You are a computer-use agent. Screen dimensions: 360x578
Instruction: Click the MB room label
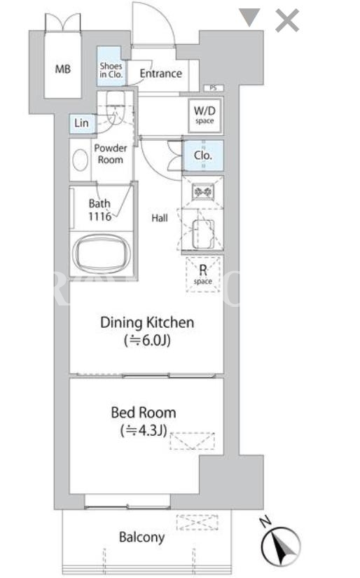(x=62, y=69)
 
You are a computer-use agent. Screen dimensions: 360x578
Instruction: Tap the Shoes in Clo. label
(x=111, y=70)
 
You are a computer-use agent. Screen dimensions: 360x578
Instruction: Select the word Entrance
(x=160, y=74)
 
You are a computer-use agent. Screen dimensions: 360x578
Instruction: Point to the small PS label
(x=214, y=88)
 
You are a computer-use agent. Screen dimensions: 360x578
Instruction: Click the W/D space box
(x=205, y=115)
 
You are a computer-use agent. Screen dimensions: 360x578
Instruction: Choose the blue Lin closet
(x=82, y=123)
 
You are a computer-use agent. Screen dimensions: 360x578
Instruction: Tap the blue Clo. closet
(x=203, y=156)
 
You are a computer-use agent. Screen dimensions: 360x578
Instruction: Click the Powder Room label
(x=110, y=153)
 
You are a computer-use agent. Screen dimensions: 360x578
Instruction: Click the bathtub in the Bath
(x=102, y=254)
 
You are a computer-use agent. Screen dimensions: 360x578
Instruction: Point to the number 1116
(x=99, y=216)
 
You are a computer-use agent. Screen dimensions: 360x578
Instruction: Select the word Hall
(x=160, y=218)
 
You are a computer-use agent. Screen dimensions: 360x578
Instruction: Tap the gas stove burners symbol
(x=203, y=192)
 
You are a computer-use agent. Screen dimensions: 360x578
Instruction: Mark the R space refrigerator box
(x=203, y=274)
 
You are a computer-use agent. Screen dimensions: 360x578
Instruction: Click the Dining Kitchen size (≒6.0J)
(x=147, y=340)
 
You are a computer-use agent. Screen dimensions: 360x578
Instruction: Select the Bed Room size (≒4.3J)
(x=144, y=430)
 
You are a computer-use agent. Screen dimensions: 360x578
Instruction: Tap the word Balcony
(x=141, y=537)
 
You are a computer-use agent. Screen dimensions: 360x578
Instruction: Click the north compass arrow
(x=281, y=546)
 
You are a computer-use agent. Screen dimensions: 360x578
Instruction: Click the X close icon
(x=287, y=20)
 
